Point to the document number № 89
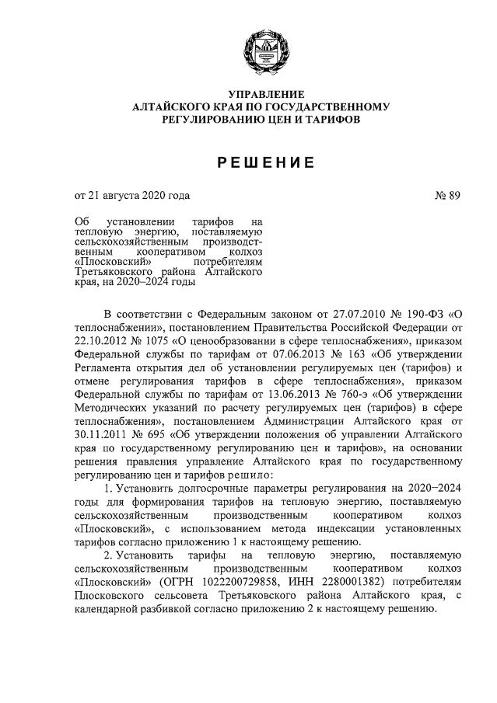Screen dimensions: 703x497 (447, 196)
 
